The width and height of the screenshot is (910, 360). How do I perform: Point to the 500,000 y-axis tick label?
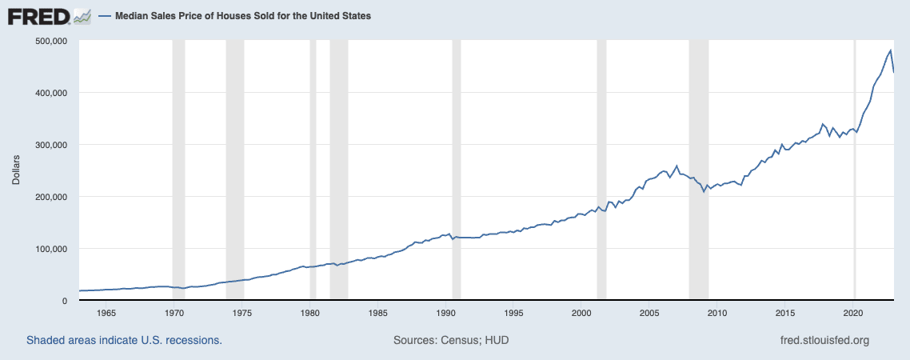pyautogui.click(x=50, y=41)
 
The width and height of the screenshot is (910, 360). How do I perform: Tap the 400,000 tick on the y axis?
pyautogui.click(x=50, y=93)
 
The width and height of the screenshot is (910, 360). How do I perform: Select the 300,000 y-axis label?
pyautogui.click(x=50, y=145)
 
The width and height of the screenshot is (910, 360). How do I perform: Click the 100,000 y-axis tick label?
pyautogui.click(x=50, y=249)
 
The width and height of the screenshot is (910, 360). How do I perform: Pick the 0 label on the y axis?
pyautogui.click(x=64, y=301)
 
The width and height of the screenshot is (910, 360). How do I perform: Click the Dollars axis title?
pyautogui.click(x=16, y=170)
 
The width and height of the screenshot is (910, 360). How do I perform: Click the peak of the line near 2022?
pyautogui.click(x=890, y=50)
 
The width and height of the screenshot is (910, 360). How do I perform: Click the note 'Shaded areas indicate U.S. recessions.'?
pyautogui.click(x=124, y=340)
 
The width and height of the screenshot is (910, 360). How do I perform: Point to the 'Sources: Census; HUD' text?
pyautogui.click(x=451, y=340)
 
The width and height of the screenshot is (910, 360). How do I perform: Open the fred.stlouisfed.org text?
pyautogui.click(x=824, y=340)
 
